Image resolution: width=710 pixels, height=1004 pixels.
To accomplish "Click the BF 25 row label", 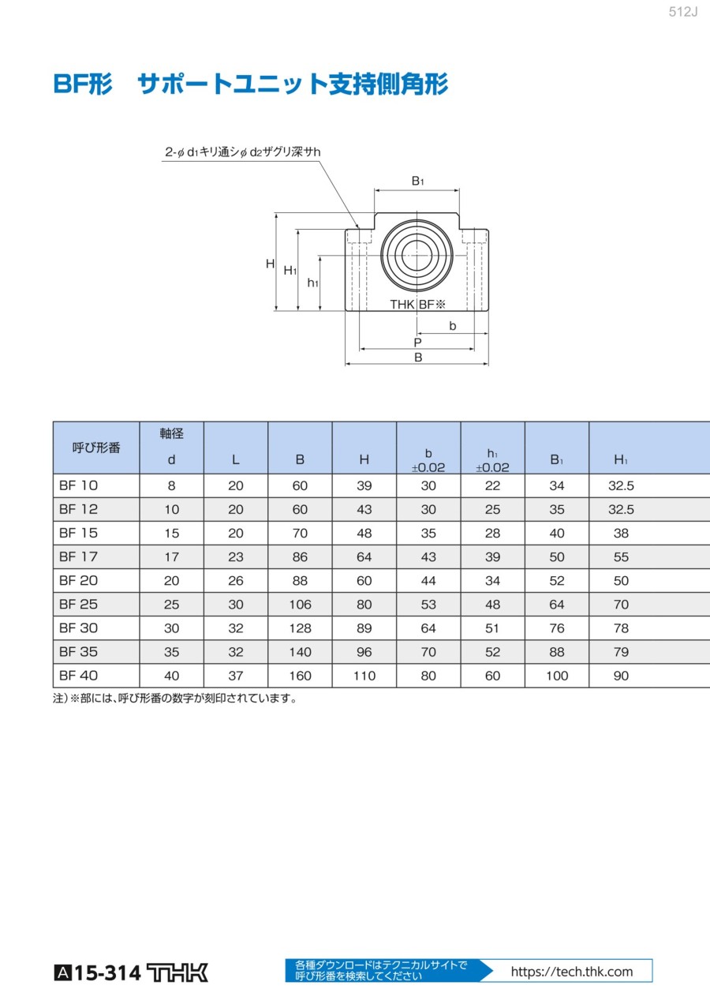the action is (78, 604).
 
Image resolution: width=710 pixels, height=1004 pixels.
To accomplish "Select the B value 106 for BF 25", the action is (300, 605).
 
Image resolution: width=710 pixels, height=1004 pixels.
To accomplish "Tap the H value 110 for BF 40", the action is (364, 676).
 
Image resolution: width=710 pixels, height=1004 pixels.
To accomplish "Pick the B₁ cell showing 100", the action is (557, 676).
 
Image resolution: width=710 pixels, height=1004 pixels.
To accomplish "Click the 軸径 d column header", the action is (171, 447).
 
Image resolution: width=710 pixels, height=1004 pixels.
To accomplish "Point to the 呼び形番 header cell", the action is (96, 448).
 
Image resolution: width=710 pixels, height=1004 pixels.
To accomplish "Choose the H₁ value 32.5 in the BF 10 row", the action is (621, 486).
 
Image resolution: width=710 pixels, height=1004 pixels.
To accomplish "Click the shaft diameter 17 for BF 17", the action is (171, 557).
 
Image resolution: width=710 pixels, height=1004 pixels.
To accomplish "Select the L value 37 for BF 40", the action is (236, 676).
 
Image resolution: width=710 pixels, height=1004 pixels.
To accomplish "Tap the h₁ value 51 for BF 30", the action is (492, 628).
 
